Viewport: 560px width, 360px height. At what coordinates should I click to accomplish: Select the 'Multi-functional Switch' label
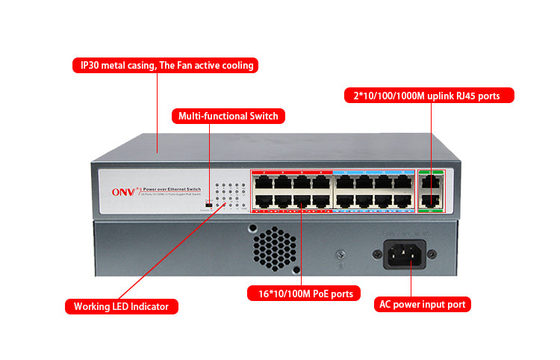(x=228, y=116)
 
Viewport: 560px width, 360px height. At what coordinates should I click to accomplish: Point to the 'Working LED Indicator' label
(x=121, y=306)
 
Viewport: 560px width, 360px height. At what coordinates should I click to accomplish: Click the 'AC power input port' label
(x=423, y=304)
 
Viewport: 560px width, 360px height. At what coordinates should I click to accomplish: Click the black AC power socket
(x=409, y=254)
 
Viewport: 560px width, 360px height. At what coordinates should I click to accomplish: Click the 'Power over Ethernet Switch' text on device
(x=171, y=190)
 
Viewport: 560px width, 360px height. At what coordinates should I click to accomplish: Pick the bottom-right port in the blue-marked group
(x=402, y=199)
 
